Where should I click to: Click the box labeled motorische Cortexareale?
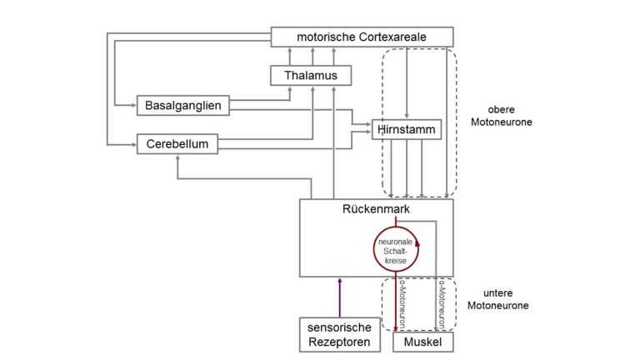click(x=362, y=37)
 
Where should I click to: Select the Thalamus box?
click(x=311, y=76)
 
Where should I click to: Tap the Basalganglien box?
click(x=182, y=106)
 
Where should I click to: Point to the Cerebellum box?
click(x=177, y=144)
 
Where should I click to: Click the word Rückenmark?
click(x=376, y=209)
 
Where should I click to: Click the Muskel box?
click(x=422, y=342)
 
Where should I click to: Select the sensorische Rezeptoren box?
click(x=340, y=335)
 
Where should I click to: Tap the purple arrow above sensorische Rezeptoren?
click(x=340, y=296)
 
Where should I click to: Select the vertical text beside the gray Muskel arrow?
click(x=443, y=305)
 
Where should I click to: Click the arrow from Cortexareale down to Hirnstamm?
click(x=406, y=83)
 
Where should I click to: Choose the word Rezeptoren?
click(x=340, y=342)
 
